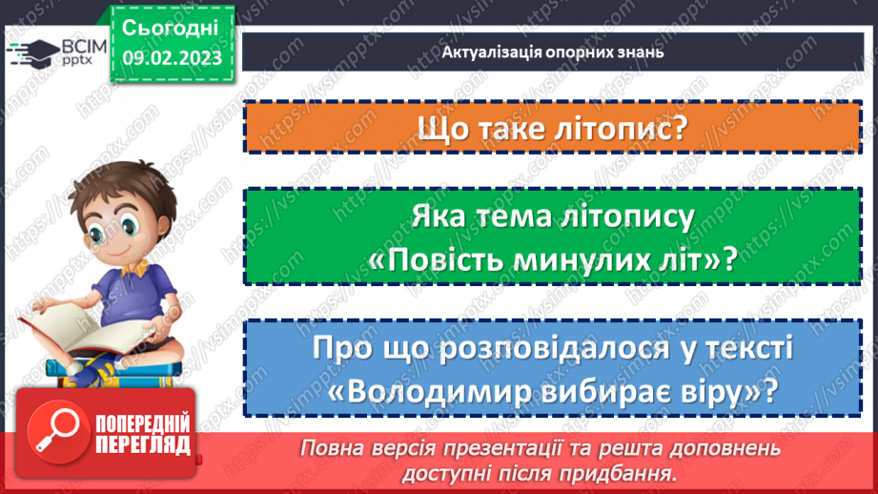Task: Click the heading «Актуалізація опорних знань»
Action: pyautogui.click(x=552, y=52)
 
